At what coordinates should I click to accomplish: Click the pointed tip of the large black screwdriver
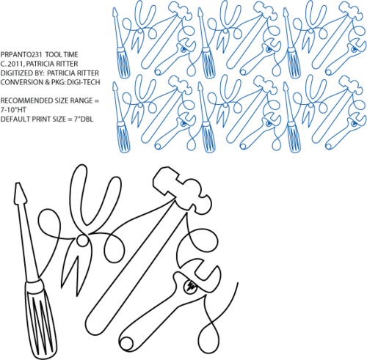[18, 183]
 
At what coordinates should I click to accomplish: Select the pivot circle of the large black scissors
[81, 240]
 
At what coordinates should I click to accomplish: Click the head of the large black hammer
[182, 190]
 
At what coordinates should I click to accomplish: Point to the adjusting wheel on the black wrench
[191, 286]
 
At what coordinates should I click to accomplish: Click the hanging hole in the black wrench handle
[126, 342]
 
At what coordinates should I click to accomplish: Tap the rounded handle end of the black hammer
[93, 323]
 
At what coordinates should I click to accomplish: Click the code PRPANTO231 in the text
[22, 54]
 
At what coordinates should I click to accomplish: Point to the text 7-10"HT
[13, 110]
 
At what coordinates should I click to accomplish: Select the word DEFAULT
[13, 119]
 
